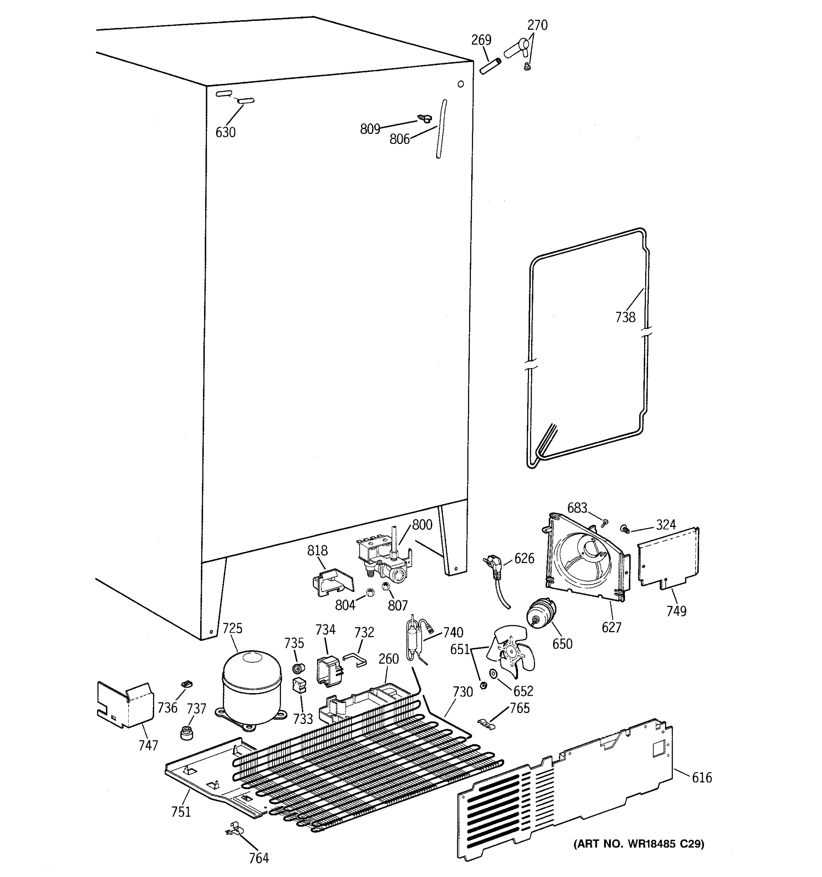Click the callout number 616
[701, 777]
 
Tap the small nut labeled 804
[370, 592]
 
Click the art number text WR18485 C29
[639, 844]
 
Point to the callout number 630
[225, 132]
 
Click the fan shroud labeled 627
[584, 560]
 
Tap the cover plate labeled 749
[668, 558]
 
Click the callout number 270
[537, 25]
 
